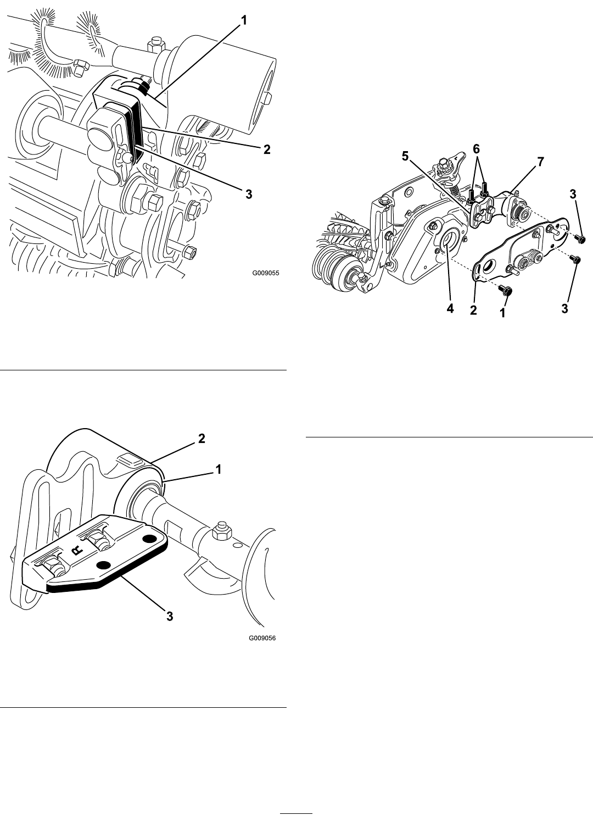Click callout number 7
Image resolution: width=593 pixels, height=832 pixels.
540,162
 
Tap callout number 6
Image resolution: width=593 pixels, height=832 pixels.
476,149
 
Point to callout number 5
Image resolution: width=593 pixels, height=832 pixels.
405,156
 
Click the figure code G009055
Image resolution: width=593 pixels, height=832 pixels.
266,273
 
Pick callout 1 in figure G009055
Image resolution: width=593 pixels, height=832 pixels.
244,20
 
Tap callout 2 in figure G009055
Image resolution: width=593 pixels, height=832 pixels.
266,149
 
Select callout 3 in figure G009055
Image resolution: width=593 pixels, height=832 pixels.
249,194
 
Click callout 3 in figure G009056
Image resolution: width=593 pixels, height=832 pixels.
170,616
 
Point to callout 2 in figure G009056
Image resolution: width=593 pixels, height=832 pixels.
202,439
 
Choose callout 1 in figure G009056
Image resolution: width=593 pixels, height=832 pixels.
219,469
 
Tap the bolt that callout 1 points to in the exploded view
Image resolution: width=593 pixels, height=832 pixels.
504,289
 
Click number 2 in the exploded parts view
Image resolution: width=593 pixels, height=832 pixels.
473,310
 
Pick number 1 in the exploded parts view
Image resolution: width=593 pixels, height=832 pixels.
502,313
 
